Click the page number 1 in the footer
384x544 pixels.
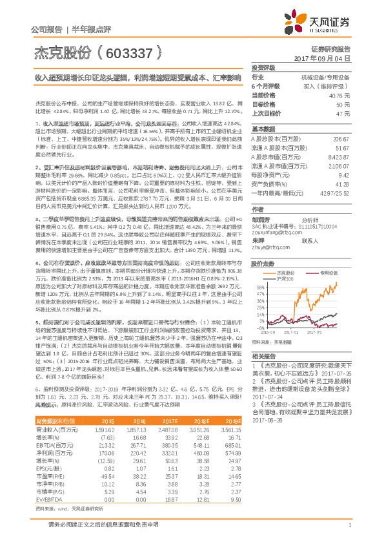(x=349, y=526)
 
